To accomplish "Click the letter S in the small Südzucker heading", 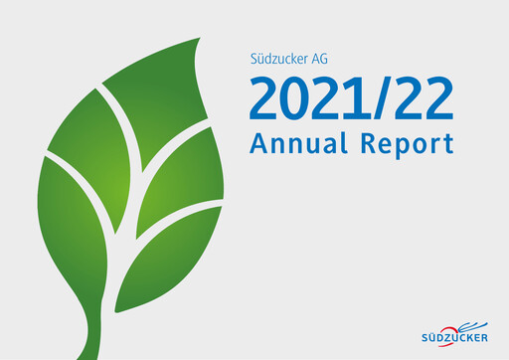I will click(x=253, y=58).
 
